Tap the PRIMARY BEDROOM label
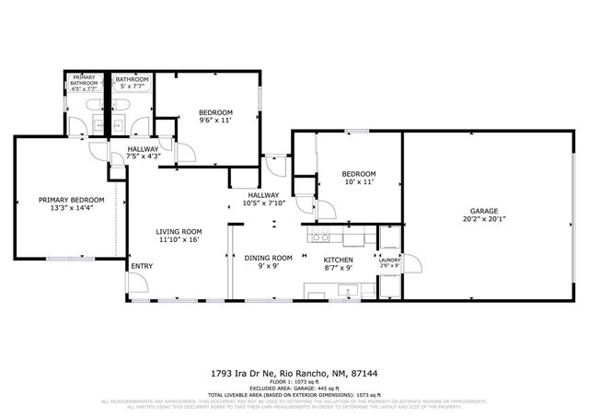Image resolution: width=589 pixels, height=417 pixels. [x=71, y=200]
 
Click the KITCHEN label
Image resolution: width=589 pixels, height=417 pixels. [x=338, y=259]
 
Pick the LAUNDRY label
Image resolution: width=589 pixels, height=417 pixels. [x=389, y=260]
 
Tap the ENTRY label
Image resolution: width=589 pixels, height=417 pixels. [x=142, y=267]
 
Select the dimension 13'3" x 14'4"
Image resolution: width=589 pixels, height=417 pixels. [x=71, y=209]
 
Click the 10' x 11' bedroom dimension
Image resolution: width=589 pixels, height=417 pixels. [x=358, y=183]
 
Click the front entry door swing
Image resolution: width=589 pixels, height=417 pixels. [x=138, y=282]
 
